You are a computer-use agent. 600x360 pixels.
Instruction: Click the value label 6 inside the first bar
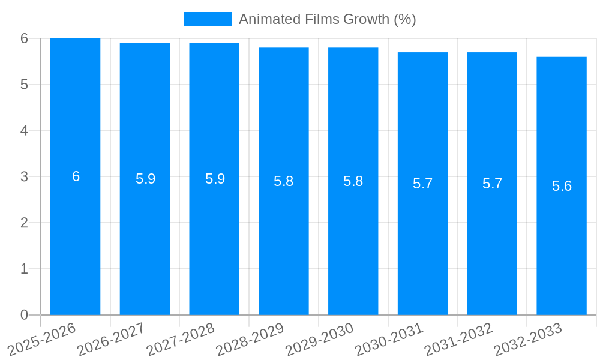point(76,176)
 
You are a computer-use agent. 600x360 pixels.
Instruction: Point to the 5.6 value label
point(562,186)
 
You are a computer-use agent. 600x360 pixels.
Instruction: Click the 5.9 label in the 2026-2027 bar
point(145,179)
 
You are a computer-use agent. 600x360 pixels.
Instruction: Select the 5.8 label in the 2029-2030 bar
point(353,181)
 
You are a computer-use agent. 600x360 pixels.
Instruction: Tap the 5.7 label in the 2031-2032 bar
point(492,184)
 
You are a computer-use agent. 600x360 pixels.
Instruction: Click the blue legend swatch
point(207,19)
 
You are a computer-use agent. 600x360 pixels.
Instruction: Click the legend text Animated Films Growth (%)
point(327,19)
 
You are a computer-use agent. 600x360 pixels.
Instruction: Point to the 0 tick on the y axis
point(24,315)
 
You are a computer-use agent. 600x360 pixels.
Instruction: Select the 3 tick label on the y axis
point(24,177)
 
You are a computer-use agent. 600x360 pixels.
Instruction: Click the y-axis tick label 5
point(24,85)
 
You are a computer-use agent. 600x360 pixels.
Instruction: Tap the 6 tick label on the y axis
point(24,38)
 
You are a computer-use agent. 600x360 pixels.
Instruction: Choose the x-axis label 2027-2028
point(181,339)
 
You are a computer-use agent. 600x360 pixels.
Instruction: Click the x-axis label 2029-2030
point(319,339)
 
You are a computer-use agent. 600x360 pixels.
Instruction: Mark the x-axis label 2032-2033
point(527,339)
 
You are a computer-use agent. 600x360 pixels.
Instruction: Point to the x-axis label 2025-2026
point(42,339)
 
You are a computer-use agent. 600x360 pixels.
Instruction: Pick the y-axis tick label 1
point(24,269)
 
